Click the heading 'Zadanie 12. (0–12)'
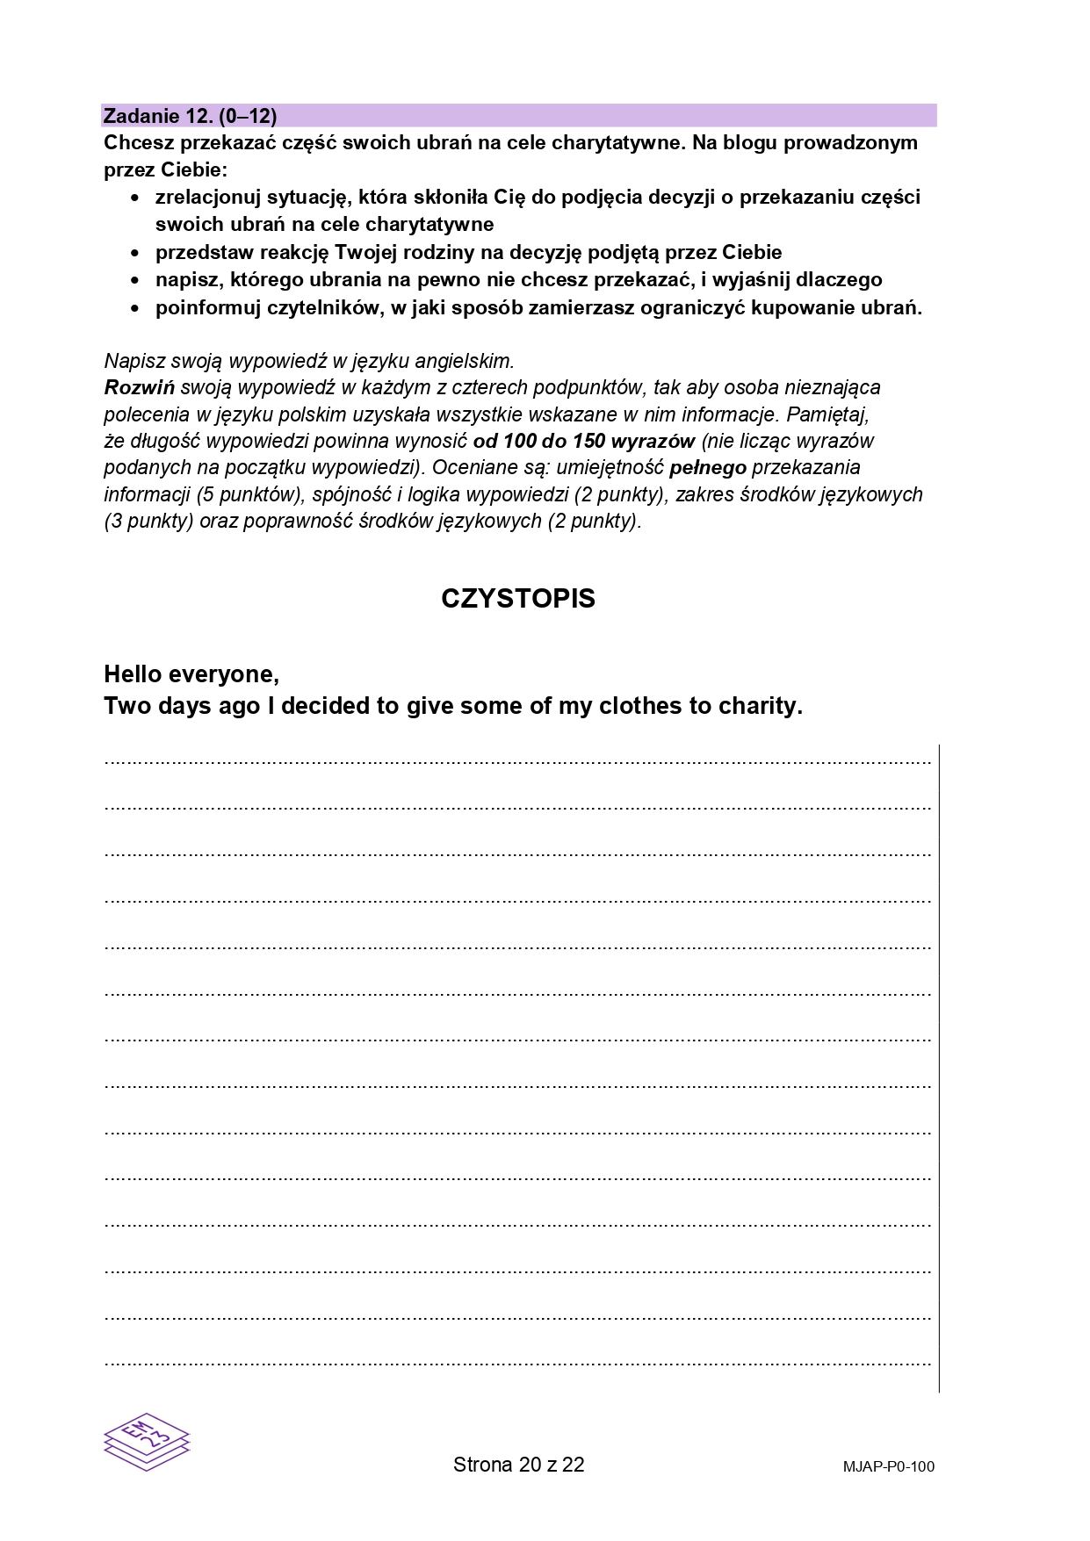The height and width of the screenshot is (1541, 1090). coord(190,116)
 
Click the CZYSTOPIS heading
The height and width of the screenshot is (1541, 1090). coord(518,599)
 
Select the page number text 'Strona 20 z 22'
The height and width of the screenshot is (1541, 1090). coord(518,1465)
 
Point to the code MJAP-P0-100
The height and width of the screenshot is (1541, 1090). coord(888,1466)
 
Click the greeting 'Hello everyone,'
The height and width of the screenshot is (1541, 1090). coord(191,674)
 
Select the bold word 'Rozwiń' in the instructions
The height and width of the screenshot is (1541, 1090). coord(139,387)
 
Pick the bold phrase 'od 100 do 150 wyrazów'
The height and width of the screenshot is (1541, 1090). coord(583,441)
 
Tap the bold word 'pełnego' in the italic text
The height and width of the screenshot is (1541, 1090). coord(707,467)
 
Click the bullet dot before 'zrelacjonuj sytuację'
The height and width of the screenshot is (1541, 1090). coord(134,198)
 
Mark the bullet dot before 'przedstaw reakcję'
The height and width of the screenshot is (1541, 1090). coord(134,254)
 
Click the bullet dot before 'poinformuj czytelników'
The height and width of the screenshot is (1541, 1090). coord(134,309)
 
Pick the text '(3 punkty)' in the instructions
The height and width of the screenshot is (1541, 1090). coord(148,521)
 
